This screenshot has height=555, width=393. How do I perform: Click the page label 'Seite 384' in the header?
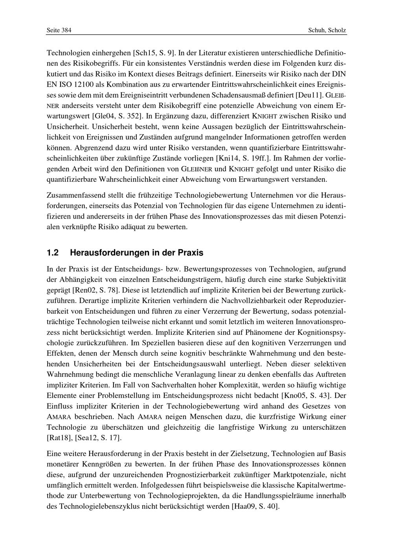tap(59, 30)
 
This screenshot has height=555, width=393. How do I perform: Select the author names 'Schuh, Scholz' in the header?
tap(327, 30)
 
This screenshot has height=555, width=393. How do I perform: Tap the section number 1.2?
tap(53, 253)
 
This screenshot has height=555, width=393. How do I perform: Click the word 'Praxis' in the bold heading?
tap(191, 253)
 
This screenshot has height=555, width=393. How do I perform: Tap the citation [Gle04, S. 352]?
tap(117, 116)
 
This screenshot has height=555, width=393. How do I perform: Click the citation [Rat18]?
tap(58, 437)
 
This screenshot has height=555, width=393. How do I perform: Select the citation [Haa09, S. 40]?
tap(255, 506)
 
